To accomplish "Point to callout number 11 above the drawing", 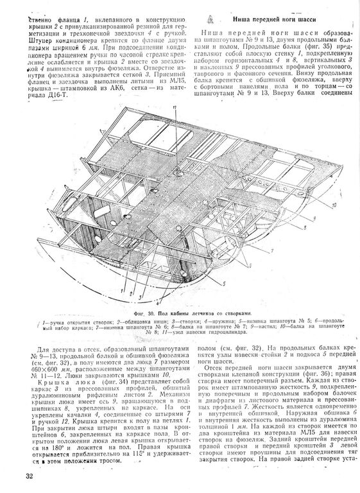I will pos(174,108).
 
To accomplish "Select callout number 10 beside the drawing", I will pos(335,203).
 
